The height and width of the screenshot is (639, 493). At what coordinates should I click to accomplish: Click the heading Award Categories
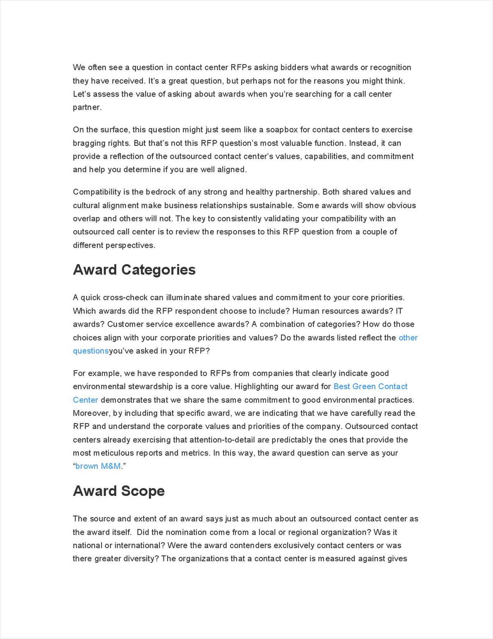pos(134,270)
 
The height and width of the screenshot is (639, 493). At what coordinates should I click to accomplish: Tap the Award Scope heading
pos(119,491)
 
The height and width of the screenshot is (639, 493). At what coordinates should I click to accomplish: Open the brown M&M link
pos(98,466)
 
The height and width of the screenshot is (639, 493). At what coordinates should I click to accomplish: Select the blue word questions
pos(91,351)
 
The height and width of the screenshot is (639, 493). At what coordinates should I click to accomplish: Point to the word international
pos(134,546)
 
